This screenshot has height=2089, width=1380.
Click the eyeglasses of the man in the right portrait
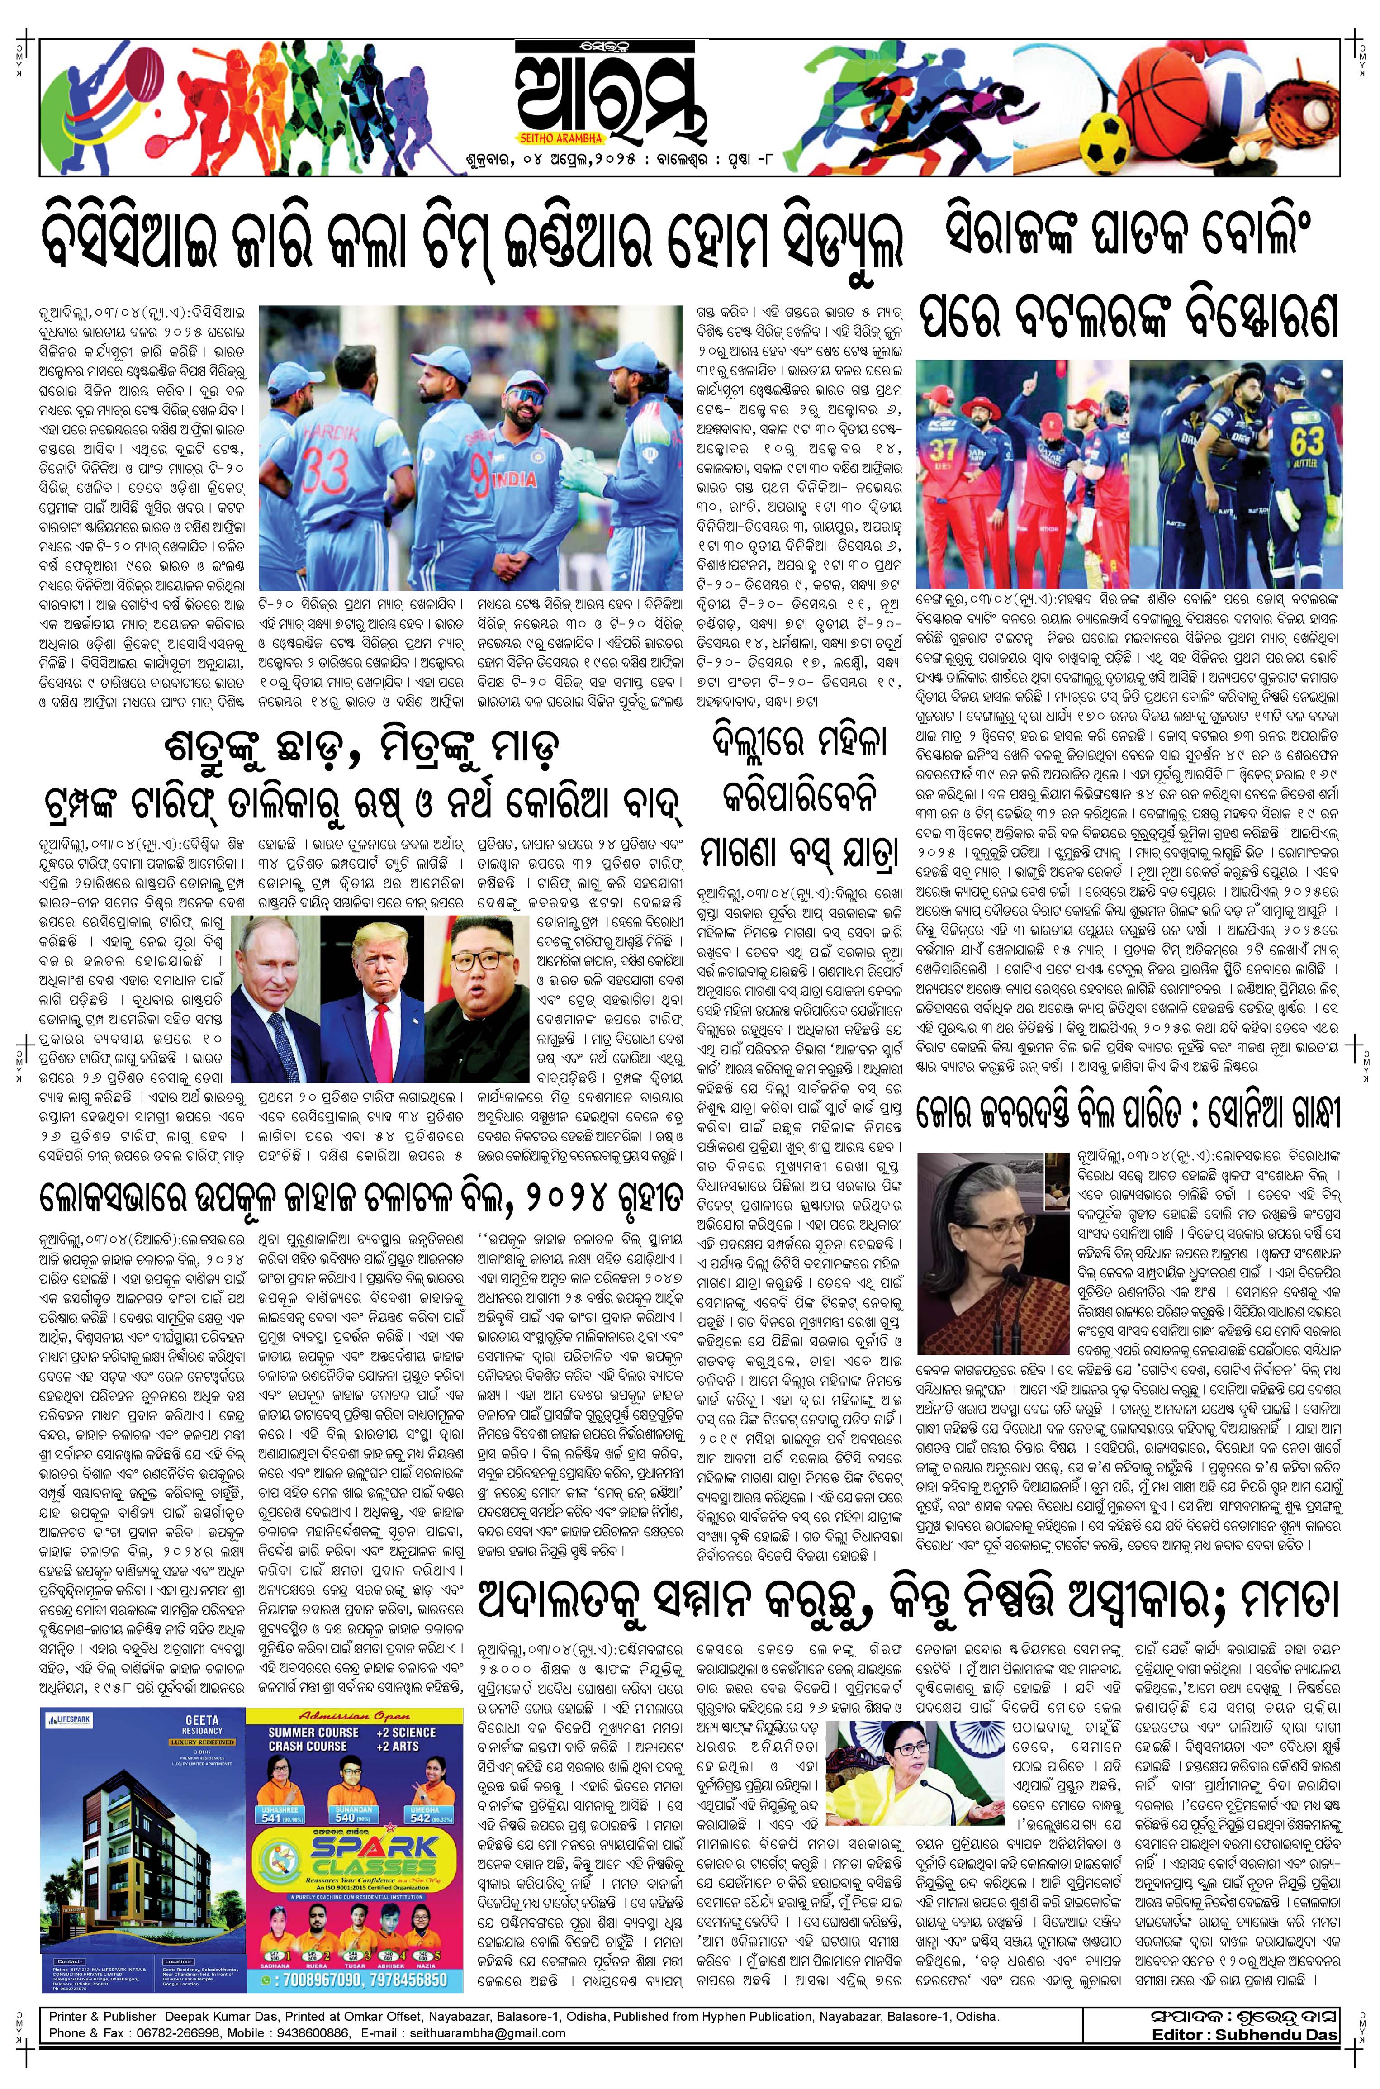coord(478,961)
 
